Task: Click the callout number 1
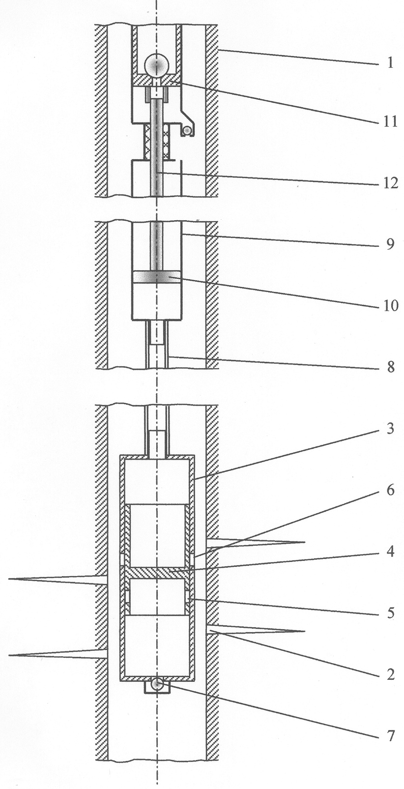(x=390, y=64)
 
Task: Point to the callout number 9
(x=390, y=244)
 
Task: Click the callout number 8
(x=390, y=367)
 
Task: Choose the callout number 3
(x=390, y=429)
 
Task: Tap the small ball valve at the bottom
(x=156, y=684)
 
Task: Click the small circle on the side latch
(x=187, y=131)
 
